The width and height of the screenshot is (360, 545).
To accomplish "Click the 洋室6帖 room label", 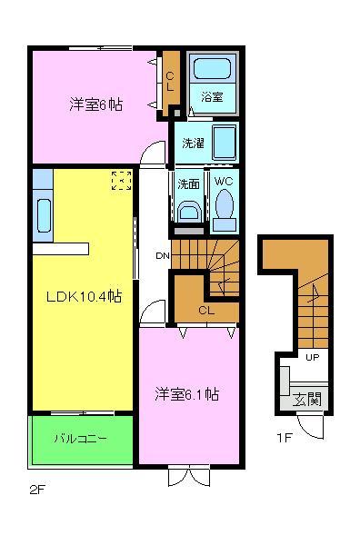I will pyautogui.click(x=95, y=104).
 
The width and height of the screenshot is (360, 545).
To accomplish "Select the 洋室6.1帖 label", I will pyautogui.click(x=186, y=394).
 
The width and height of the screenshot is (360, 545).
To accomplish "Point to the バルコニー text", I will pyautogui.click(x=80, y=439).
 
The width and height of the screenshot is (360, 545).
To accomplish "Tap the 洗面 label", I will pyautogui.click(x=189, y=183).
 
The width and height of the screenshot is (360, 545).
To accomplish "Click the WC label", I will pyautogui.click(x=224, y=182).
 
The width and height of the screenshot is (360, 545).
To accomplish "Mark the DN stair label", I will pyautogui.click(x=162, y=255).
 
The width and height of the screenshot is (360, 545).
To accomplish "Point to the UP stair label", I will pyautogui.click(x=312, y=357).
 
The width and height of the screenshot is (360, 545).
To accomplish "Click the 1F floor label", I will pyautogui.click(x=284, y=438).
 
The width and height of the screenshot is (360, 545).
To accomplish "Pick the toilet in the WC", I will pyautogui.click(x=225, y=206).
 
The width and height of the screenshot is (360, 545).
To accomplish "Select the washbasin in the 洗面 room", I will pyautogui.click(x=188, y=210).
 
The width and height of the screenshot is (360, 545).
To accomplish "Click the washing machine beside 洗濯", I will pyautogui.click(x=224, y=142).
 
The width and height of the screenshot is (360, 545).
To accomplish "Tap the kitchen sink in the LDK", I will pyautogui.click(x=42, y=214).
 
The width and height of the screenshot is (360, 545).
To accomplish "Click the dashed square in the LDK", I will pyautogui.click(x=120, y=181).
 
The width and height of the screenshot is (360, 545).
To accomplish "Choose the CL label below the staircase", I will pyautogui.click(x=205, y=311).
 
